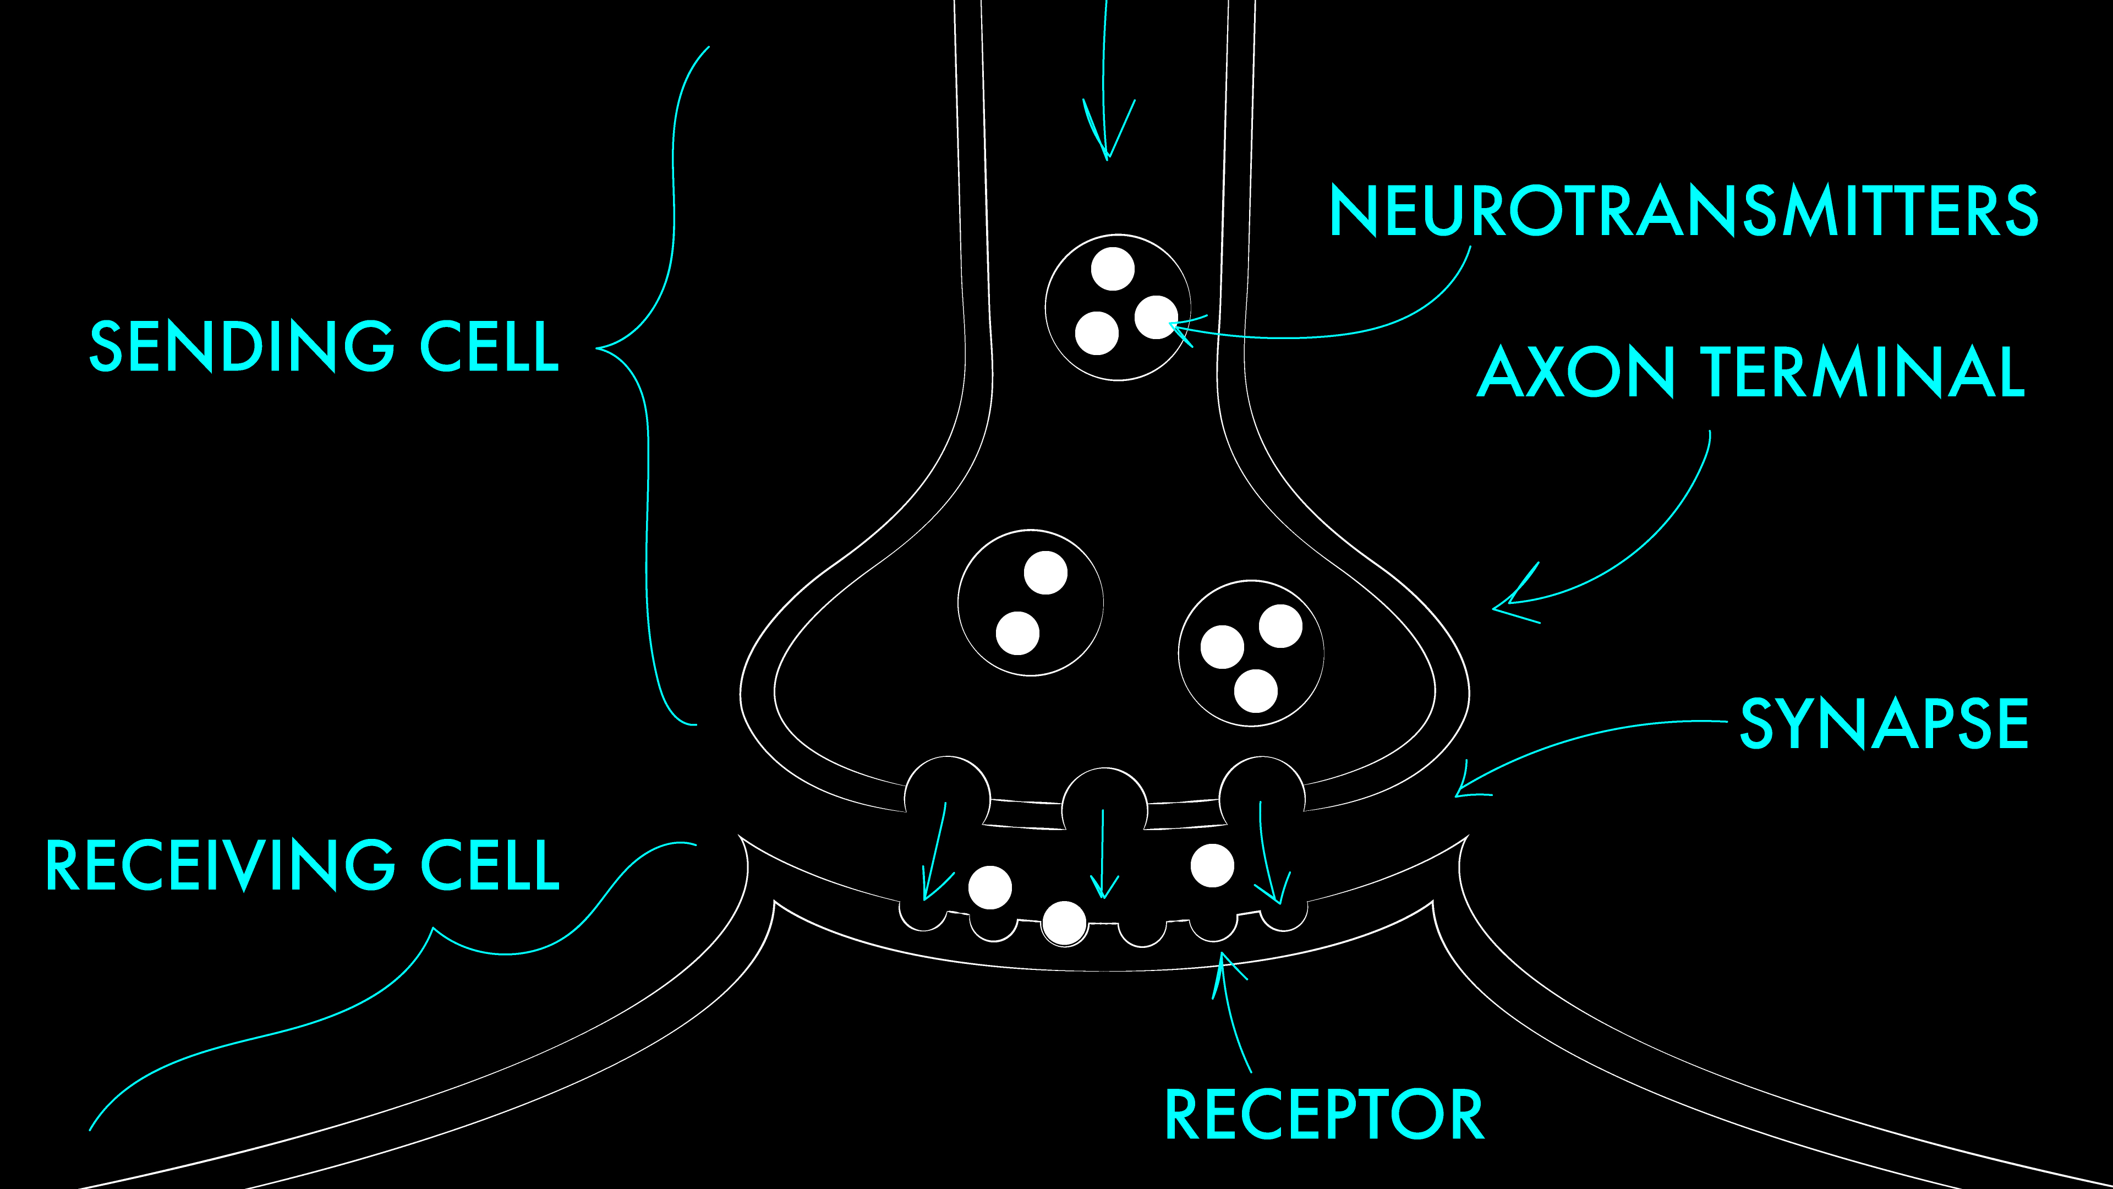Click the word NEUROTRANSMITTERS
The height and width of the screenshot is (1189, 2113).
click(x=1683, y=210)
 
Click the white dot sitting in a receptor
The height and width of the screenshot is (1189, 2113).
click(x=1064, y=923)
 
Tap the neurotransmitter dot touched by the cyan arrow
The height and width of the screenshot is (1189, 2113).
click(x=1156, y=317)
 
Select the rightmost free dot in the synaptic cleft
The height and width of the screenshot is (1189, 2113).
click(x=1212, y=865)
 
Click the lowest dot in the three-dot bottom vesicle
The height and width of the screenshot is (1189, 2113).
click(x=1256, y=691)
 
